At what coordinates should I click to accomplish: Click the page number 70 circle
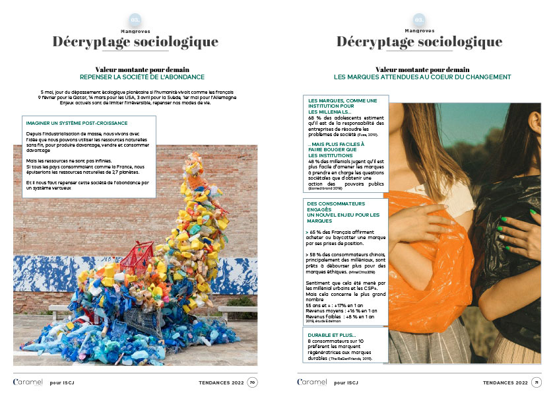[252, 382]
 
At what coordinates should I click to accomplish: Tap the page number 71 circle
[537, 382]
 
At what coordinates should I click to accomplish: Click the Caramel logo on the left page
[28, 382]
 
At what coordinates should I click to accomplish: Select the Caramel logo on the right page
[311, 382]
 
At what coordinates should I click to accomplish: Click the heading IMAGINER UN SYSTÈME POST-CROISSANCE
[77, 123]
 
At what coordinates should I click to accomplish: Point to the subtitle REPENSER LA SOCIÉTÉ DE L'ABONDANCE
[142, 77]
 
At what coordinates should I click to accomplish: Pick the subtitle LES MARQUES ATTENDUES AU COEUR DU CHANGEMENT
[422, 77]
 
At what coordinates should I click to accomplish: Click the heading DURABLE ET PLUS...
[333, 335]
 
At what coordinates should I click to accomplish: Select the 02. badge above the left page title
[135, 20]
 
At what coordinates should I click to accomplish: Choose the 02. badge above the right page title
[419, 20]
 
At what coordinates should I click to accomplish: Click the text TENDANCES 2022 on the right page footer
[505, 382]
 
